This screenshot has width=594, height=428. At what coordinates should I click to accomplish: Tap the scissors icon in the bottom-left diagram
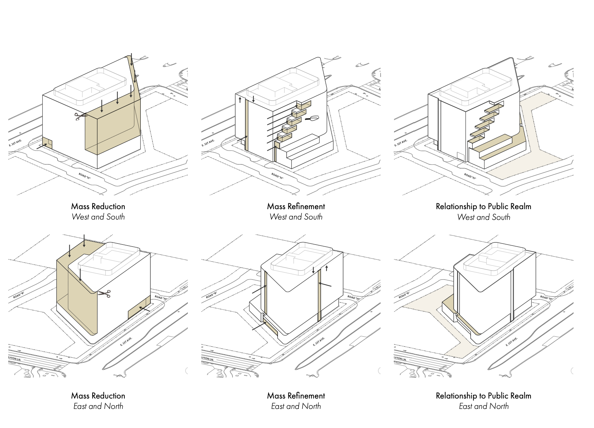pyautogui.click(x=104, y=294)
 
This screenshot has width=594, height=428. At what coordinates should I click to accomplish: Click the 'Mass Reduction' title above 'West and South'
pyautogui.click(x=98, y=206)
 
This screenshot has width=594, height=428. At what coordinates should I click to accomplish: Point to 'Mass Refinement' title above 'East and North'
pyautogui.click(x=296, y=396)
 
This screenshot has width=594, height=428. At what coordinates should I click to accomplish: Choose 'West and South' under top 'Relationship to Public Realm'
pyautogui.click(x=483, y=217)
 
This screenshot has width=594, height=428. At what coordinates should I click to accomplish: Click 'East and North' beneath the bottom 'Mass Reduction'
pyautogui.click(x=98, y=406)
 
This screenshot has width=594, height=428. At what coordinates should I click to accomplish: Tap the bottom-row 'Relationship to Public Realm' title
pyautogui.click(x=483, y=396)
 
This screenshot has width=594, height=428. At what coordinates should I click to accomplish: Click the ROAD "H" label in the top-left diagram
pyautogui.click(x=85, y=176)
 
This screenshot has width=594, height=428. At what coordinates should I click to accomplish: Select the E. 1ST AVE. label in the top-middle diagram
pyautogui.click(x=209, y=143)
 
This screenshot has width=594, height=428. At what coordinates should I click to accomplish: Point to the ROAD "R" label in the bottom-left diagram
pyautogui.click(x=19, y=295)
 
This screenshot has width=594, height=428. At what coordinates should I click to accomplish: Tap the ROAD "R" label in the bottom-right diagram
pyautogui.click(x=404, y=295)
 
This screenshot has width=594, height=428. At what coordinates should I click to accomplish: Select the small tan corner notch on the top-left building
pyautogui.click(x=47, y=143)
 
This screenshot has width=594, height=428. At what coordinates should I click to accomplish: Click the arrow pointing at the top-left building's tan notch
pyautogui.click(x=41, y=147)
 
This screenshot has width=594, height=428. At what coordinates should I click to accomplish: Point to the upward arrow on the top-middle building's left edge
pyautogui.click(x=240, y=101)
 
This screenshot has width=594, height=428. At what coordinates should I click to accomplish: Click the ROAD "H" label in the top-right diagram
pyautogui.click(x=470, y=176)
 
